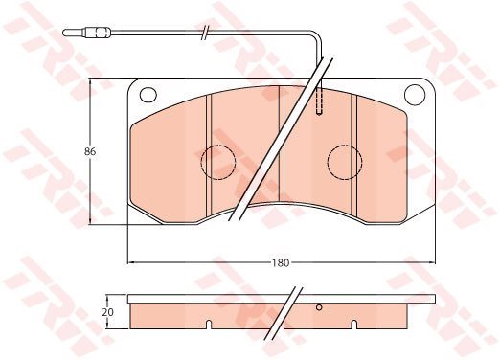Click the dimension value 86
[90, 152]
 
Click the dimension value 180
[281, 263]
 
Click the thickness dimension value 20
[107, 312]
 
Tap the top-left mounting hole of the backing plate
[148, 95]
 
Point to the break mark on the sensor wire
[205, 32]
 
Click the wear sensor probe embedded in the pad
[319, 101]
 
